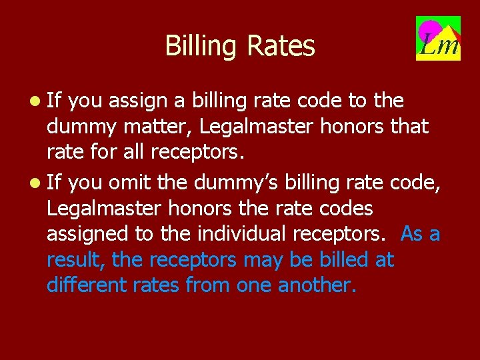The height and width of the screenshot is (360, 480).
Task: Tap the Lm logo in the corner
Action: [x=438, y=38]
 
